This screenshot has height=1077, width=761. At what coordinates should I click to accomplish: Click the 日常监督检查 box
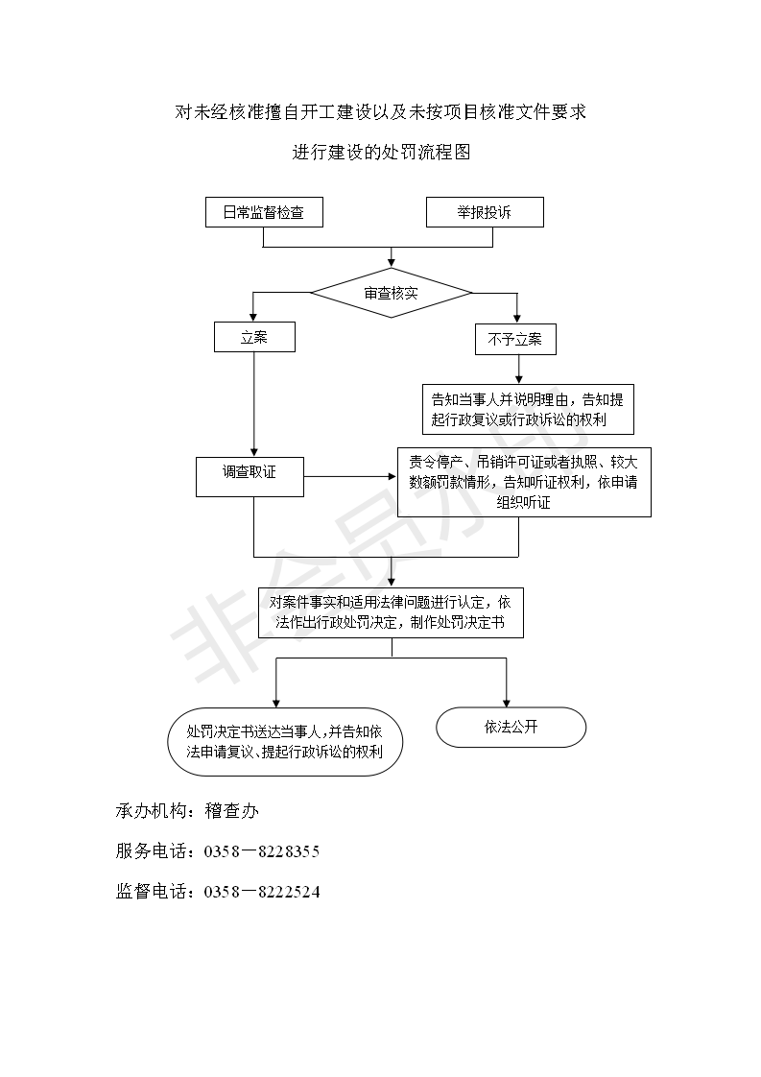265,212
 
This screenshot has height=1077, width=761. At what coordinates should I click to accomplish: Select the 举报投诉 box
485,212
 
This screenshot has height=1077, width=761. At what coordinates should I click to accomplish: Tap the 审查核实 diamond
392,294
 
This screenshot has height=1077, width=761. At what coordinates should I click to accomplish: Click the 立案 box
254,337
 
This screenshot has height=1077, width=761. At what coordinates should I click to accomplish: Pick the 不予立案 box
515,339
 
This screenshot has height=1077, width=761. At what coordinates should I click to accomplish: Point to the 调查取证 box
250,477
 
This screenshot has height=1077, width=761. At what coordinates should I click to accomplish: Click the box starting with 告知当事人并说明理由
528,409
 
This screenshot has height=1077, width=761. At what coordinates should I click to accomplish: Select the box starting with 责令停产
524,482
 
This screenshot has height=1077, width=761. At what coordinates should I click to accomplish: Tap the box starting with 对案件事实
391,612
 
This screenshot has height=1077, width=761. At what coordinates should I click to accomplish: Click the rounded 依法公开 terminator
511,728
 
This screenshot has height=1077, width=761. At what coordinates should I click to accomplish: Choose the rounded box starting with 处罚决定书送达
284,742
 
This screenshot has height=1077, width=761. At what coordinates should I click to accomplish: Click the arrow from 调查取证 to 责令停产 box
350,477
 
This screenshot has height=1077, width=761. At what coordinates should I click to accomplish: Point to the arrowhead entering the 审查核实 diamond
392,263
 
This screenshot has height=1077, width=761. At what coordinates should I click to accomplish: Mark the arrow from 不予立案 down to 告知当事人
518,370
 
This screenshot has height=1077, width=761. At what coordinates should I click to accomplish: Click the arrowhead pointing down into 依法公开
506,703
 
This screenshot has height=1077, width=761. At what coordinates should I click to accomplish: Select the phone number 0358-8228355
262,851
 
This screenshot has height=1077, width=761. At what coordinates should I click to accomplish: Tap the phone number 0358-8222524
262,893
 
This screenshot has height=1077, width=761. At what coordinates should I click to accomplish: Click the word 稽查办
231,811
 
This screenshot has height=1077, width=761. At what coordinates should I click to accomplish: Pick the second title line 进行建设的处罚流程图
381,152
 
